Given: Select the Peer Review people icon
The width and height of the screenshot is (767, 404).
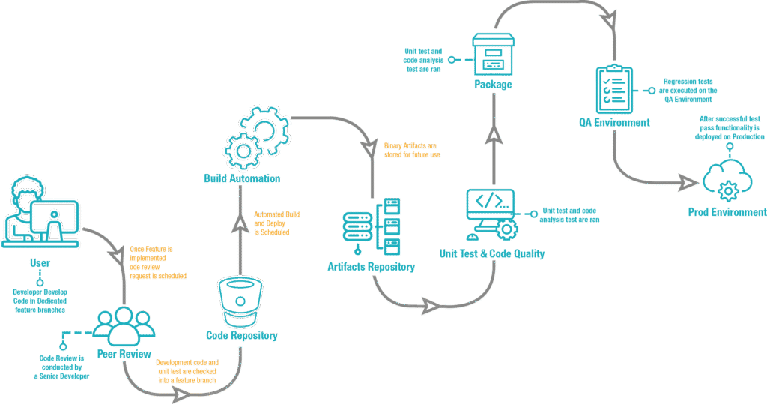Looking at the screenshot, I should click(x=124, y=323).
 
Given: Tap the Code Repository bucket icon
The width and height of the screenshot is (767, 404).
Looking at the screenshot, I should click(x=240, y=301).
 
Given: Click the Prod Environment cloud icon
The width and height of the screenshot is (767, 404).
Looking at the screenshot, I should click(x=724, y=178).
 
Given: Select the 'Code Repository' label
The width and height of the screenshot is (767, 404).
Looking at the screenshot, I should click(x=242, y=336).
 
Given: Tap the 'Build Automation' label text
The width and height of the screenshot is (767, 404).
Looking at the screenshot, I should click(x=242, y=179).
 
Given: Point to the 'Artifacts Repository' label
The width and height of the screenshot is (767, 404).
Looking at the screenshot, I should click(x=372, y=267).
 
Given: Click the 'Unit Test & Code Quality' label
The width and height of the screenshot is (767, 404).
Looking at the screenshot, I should click(x=492, y=253).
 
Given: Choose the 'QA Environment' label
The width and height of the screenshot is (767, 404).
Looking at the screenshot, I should click(x=613, y=122).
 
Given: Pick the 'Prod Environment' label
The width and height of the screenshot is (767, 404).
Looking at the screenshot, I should click(x=727, y=213).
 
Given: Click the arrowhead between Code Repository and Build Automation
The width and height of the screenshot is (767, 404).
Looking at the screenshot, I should click(x=240, y=224).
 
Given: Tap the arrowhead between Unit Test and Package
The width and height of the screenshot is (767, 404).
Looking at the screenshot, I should click(x=494, y=135).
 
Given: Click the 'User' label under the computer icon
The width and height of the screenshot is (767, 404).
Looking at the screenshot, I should click(x=40, y=263).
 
